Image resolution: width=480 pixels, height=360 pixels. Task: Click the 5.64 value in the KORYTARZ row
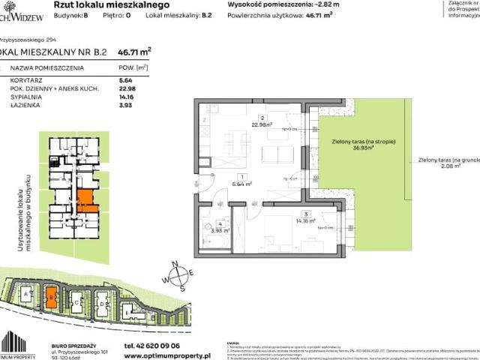point(125,83)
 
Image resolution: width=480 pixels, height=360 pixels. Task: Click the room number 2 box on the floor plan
point(261,118)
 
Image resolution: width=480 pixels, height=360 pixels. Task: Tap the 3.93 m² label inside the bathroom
point(219,230)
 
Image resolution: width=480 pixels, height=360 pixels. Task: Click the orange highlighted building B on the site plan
point(51,297)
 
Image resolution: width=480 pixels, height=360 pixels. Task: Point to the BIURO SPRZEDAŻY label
point(78,336)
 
